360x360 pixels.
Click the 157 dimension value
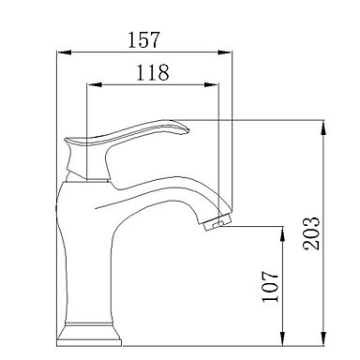click(143, 39)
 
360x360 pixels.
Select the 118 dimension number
click(153, 72)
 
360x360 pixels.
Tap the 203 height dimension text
click(311, 233)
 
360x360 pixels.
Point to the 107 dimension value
click(270, 286)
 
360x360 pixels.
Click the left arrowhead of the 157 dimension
click(65, 52)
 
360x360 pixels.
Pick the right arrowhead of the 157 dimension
click(225, 52)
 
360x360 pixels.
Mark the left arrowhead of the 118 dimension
click(95, 84)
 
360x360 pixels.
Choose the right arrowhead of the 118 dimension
click(211, 84)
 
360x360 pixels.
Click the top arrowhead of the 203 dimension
click(324, 127)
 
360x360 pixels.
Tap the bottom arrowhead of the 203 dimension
click(324, 338)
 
